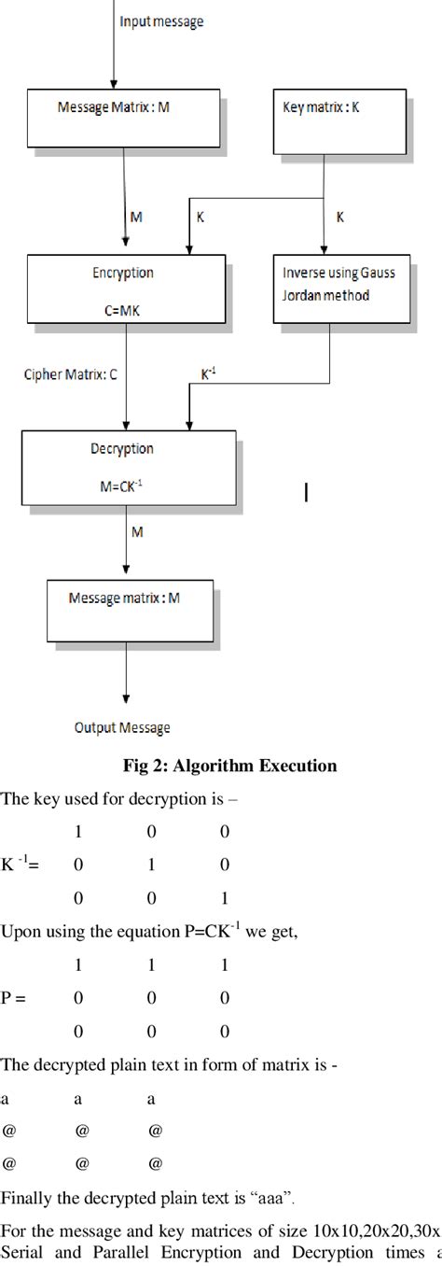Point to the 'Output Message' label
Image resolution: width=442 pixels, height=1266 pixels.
coord(122,728)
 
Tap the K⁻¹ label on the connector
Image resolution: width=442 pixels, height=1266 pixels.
coord(210,372)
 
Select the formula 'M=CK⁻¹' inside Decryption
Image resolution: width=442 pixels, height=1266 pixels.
coord(122,483)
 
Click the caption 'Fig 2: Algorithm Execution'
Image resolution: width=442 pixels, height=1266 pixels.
coord(229,767)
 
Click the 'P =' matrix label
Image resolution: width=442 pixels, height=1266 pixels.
coord(14,998)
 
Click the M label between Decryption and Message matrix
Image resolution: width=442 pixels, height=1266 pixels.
coord(137,531)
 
